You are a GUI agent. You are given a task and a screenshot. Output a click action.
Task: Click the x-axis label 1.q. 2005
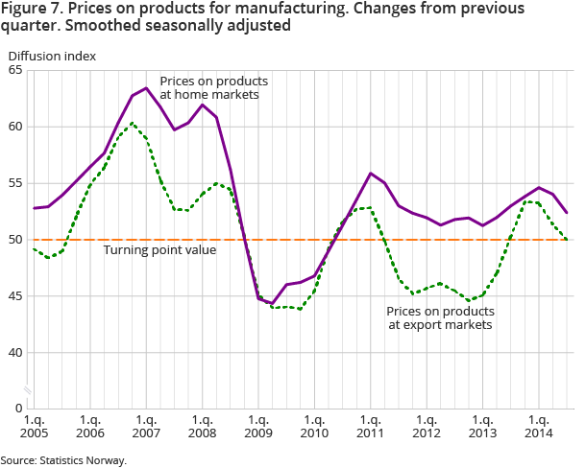point(34,426)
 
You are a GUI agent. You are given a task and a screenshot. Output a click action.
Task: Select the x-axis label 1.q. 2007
point(146,426)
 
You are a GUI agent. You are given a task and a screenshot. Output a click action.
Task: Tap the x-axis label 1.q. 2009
point(258,426)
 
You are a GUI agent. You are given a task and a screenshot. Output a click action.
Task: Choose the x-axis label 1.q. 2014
point(539,426)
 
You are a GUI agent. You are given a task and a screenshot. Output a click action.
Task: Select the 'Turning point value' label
point(160,250)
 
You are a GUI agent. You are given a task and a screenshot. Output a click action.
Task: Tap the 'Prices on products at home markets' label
point(213,87)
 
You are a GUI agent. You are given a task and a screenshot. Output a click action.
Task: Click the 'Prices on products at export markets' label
point(440,318)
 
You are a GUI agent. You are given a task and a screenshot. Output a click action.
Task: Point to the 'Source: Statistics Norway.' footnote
point(63,460)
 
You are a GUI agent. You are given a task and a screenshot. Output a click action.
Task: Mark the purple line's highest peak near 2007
point(146,88)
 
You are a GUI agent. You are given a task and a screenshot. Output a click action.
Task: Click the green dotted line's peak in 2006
point(133,123)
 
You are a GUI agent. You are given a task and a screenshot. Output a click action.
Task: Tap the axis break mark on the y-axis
point(31,390)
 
